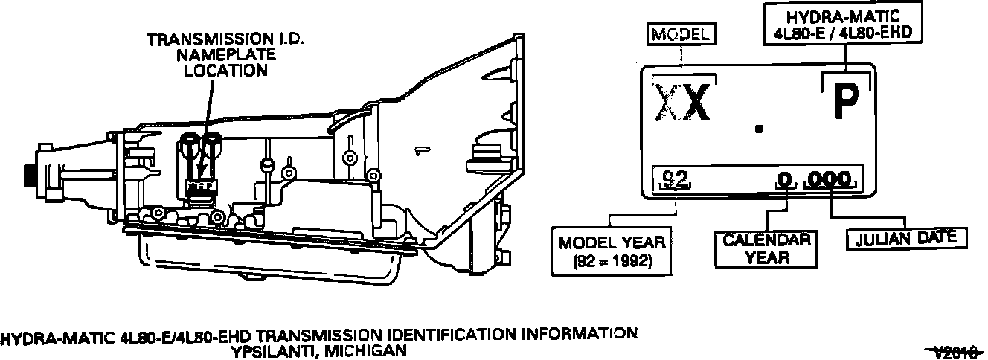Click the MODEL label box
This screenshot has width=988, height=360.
pos(682,34)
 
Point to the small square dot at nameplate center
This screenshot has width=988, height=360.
pos(758,129)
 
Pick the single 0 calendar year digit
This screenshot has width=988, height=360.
pos(783,180)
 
